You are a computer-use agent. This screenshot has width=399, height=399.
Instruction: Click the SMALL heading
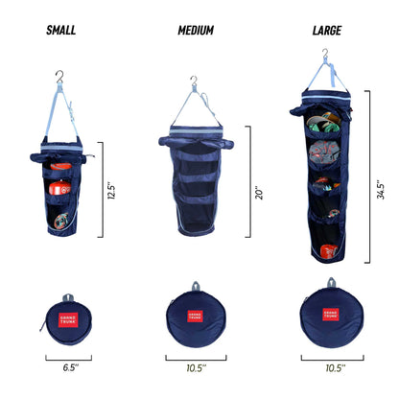[x=61, y=30]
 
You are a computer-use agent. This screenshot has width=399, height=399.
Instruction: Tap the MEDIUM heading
[x=196, y=31]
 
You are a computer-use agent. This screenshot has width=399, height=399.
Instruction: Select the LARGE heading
[x=327, y=31]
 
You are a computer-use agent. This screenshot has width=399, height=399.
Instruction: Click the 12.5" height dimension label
[x=111, y=191]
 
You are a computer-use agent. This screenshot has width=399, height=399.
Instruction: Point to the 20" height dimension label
[x=259, y=193]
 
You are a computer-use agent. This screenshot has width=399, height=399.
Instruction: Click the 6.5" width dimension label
[x=71, y=367]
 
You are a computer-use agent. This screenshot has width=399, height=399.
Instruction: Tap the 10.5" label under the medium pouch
[x=197, y=368]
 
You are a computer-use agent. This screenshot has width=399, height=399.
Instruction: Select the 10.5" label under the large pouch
[x=336, y=368]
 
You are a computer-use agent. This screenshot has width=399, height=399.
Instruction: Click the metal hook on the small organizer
[x=59, y=77]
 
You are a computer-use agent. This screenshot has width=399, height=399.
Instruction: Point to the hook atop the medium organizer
[x=194, y=82]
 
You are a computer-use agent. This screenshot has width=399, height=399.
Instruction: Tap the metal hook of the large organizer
[x=325, y=54]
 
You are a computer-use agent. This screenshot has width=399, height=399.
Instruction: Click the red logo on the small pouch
[x=68, y=319]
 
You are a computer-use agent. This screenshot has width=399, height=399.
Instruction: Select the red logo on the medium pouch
[x=195, y=316]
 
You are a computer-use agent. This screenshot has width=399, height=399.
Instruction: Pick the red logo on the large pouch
[x=331, y=315]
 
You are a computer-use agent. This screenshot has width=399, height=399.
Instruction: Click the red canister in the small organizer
[x=60, y=188]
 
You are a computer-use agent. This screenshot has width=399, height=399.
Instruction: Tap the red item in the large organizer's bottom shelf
[x=329, y=251]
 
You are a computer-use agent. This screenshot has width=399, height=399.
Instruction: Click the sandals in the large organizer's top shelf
[x=323, y=123]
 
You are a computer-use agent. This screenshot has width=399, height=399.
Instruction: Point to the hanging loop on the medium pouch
[x=196, y=286]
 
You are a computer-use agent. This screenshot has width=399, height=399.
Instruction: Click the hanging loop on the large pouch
[x=332, y=282]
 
